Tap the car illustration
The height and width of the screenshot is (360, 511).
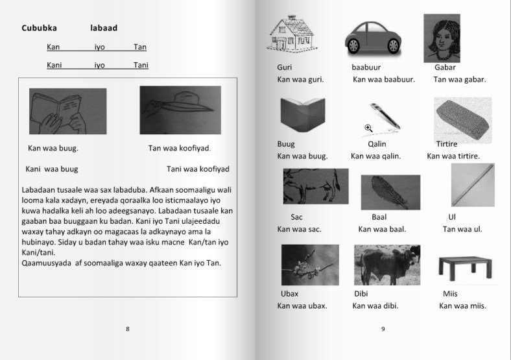pos(372,37)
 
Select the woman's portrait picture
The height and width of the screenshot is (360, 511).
pos(442,38)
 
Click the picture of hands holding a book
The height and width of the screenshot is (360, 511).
pos(67,111)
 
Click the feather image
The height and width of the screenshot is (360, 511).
pos(390,192)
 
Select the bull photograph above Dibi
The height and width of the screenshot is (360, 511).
pos(386,265)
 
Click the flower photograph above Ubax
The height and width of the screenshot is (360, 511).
pos(309,265)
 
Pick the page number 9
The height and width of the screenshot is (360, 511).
pos(383,329)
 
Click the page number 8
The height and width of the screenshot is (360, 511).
pos(128,329)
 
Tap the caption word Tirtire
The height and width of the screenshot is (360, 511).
pos(447,144)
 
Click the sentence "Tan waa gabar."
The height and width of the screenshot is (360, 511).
pos(459,80)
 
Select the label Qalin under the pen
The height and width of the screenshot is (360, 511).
pos(377,144)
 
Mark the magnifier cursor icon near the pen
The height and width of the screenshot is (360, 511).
pos(368,128)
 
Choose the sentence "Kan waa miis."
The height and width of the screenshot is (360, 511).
pos(462,306)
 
